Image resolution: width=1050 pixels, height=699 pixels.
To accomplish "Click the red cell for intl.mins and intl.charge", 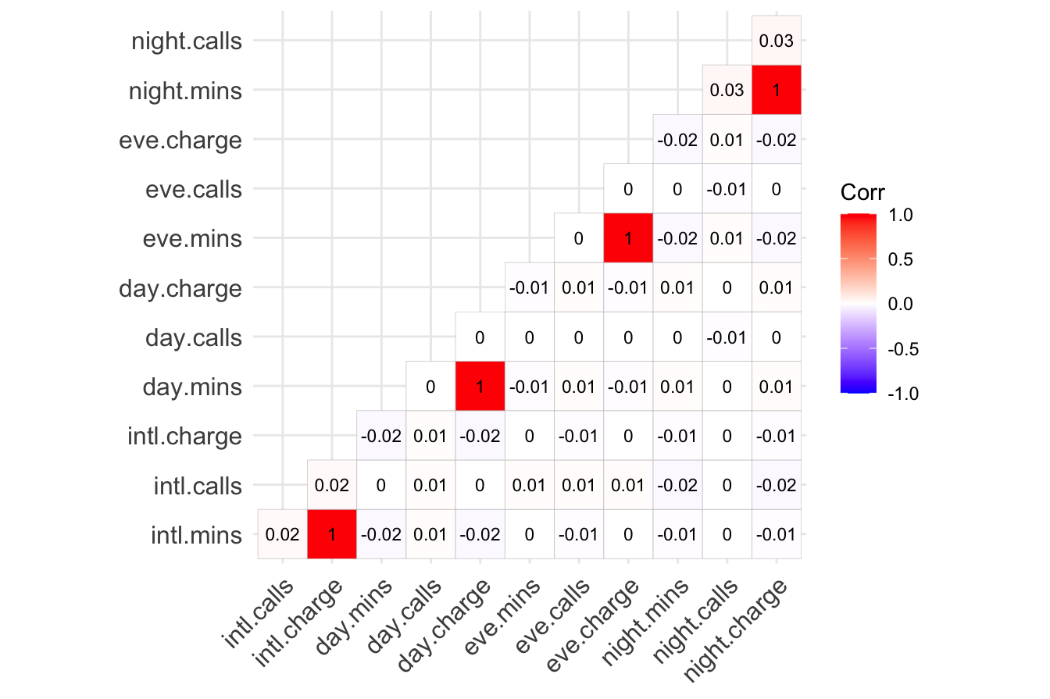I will point(332,534).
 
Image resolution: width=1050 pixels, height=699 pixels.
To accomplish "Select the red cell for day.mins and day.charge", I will point(480,387).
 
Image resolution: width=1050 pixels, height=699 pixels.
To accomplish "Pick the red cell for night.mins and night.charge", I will point(776,90).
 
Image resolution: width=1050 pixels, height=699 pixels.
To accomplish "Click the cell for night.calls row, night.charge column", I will point(776,41).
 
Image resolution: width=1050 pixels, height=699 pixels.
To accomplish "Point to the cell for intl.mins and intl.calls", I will point(282,534).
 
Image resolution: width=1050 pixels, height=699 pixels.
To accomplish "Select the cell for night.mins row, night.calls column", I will point(727,90).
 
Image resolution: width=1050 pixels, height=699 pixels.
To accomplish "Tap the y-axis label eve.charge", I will point(180,141).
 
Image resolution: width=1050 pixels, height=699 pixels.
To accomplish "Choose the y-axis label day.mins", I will point(193,387).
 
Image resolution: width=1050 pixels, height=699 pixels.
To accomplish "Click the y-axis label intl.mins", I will point(195,534).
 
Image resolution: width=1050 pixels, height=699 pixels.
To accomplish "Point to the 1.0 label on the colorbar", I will point(902,215).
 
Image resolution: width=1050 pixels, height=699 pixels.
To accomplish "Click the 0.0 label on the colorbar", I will point(902,304).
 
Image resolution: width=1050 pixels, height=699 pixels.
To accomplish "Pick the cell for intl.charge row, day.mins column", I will point(380,436).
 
